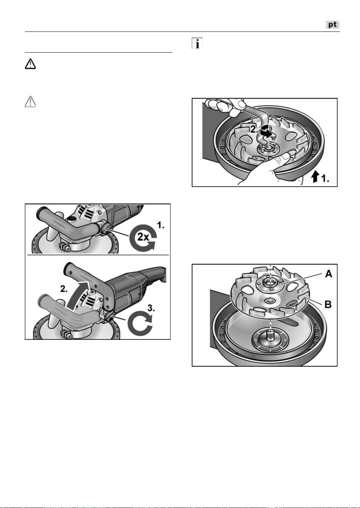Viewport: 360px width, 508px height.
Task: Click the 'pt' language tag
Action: tap(333, 25)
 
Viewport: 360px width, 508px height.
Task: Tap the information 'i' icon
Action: tap(197, 43)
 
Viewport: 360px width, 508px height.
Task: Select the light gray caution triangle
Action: tap(30, 101)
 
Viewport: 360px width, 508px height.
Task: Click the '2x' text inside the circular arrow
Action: tap(143, 237)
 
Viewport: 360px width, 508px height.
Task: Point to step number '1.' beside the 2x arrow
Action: tap(161, 225)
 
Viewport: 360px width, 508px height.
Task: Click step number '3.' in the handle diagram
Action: tap(151, 308)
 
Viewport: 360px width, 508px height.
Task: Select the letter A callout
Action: tap(328, 274)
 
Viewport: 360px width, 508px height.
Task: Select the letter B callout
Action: tap(328, 304)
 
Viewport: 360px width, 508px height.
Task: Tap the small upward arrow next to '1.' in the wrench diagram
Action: tap(315, 177)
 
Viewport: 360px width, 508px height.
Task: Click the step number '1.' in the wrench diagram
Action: tap(325, 179)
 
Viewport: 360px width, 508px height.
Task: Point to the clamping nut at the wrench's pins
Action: tap(269, 150)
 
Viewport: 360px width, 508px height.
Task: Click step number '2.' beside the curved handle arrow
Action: tap(64, 289)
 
